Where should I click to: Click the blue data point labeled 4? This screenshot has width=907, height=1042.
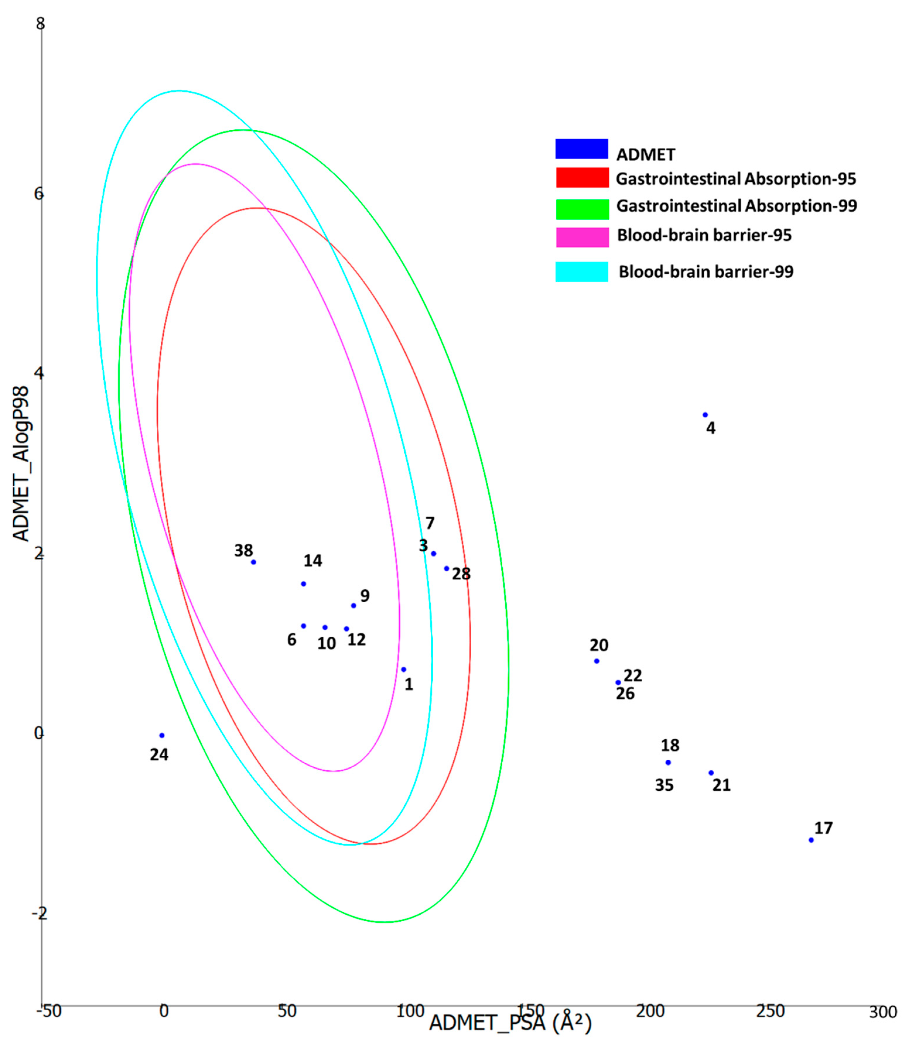coord(705,415)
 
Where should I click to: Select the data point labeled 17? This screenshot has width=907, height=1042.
coord(811,840)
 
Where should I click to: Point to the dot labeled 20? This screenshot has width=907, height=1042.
coord(597,661)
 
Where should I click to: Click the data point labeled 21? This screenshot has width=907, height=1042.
coord(711,773)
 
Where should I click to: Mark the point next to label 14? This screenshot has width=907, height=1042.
coord(304,584)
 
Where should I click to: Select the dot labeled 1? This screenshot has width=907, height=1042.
coord(403,669)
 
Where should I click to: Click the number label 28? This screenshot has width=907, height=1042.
coord(461,574)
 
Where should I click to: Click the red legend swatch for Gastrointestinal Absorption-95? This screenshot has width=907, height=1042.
coord(582,178)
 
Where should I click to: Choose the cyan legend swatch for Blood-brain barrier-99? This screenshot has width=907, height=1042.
coord(582,272)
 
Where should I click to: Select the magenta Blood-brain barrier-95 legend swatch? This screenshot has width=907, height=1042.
coord(582,237)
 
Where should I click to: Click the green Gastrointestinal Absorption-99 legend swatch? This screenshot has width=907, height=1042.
coord(582,209)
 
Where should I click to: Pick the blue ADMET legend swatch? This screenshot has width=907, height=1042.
coord(582,149)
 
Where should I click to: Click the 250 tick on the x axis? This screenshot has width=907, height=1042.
coord(770,1011)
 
